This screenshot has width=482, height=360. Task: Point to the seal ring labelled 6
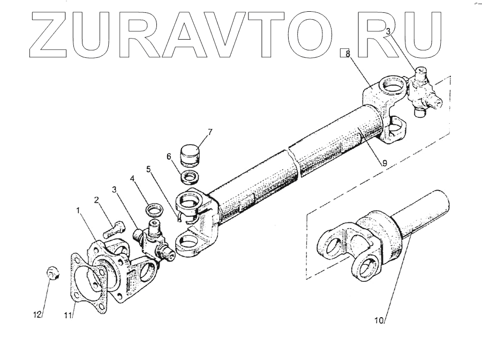click(x=190, y=177)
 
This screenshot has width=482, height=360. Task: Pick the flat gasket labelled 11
click(x=86, y=284)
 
